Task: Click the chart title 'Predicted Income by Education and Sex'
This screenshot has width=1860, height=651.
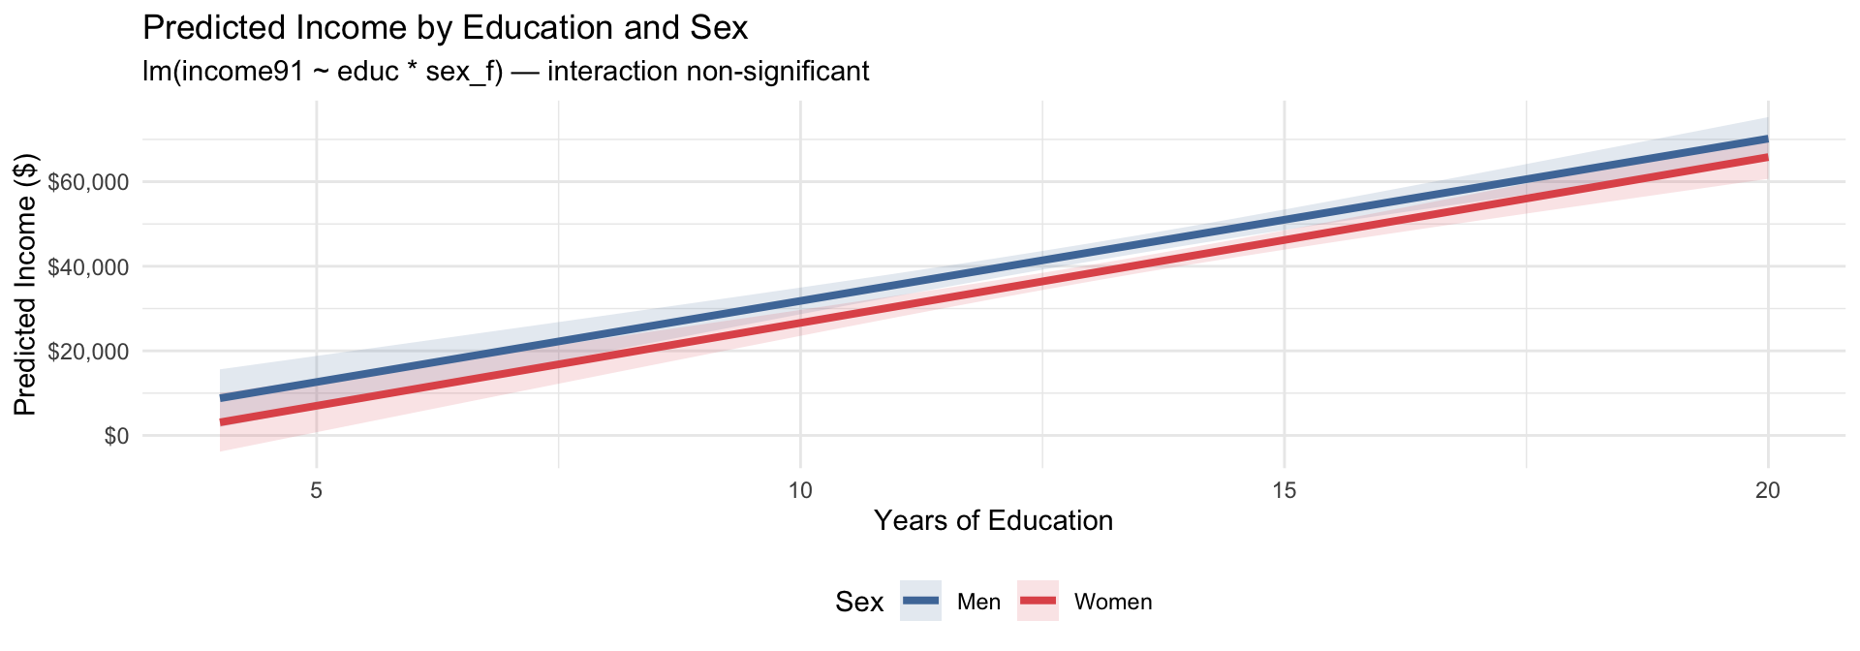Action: point(446,27)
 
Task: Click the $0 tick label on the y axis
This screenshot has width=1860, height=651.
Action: point(117,436)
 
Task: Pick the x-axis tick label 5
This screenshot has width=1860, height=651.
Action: point(317,491)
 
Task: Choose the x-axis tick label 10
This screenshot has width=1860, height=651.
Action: point(800,491)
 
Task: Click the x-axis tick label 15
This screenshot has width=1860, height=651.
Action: point(1284,491)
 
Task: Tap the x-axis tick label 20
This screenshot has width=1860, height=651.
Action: point(1768,491)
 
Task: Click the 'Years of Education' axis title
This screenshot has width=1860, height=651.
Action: point(994,521)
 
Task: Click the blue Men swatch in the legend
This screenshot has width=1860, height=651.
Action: point(920,602)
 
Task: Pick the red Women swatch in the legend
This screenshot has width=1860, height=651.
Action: point(1038,602)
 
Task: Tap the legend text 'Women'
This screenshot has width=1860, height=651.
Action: point(1113,603)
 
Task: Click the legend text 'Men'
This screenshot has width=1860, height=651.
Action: point(978,603)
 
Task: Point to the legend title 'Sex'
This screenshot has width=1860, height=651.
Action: point(859,603)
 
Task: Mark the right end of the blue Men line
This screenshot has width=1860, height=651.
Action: point(1768,139)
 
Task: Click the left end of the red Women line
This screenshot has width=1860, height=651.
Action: point(221,422)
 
